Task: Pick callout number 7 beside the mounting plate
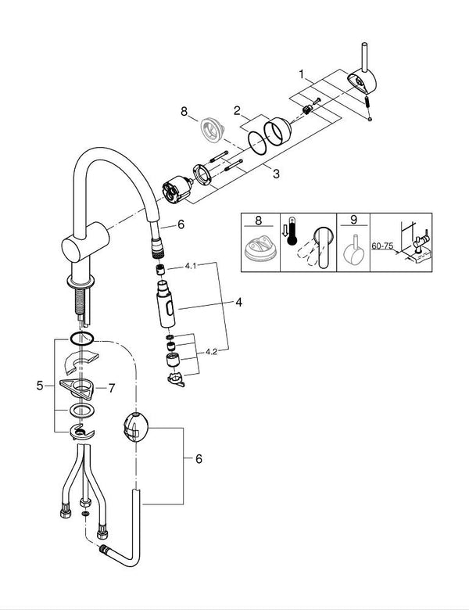tap(111, 387)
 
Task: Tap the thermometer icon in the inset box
tap(292, 231)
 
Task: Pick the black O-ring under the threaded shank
tap(81, 339)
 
